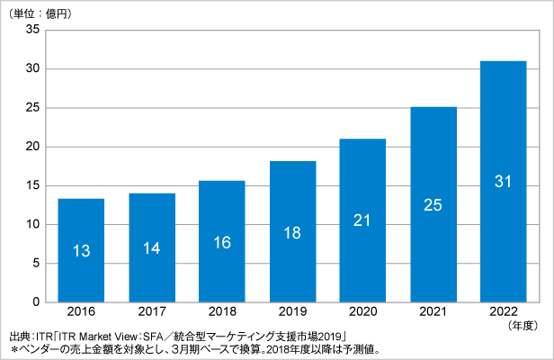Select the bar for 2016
[81, 249]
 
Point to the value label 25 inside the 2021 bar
[432, 204]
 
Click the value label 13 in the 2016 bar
[81, 251]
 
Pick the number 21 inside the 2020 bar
[362, 220]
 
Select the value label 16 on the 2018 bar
[221, 243]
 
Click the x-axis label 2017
[151, 311]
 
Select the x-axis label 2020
[362, 311]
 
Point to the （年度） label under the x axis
[526, 324]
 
